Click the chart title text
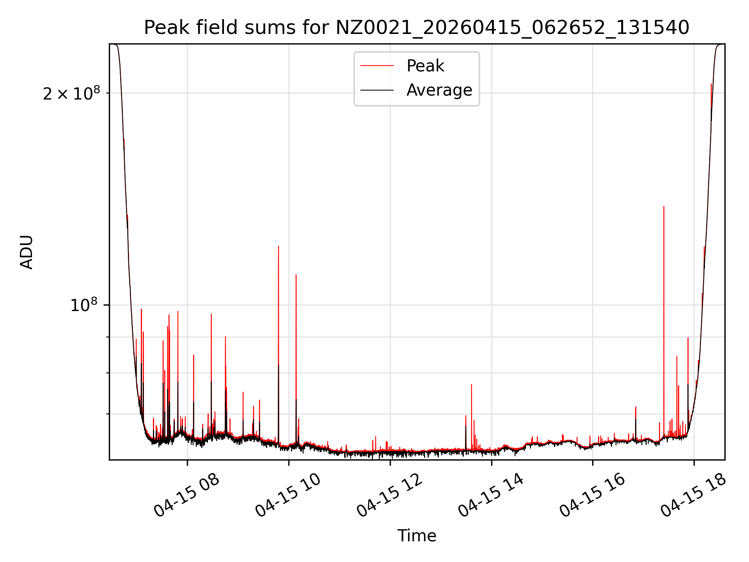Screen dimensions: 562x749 click(x=417, y=28)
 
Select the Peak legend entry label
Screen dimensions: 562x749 click(x=425, y=66)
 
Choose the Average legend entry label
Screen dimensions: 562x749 click(x=439, y=90)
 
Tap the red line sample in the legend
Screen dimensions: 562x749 click(x=377, y=66)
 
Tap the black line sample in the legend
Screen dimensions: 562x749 click(x=377, y=90)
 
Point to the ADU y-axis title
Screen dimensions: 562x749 click(x=27, y=252)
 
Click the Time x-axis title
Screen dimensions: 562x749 click(x=417, y=535)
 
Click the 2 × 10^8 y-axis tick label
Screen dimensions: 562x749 click(x=71, y=93)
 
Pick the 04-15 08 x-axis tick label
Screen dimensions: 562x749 click(x=186, y=496)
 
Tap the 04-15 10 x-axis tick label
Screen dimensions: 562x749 click(x=288, y=496)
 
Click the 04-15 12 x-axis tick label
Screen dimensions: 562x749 click(x=389, y=496)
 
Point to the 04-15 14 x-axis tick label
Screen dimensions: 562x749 click(x=491, y=496)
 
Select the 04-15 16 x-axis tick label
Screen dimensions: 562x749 click(x=592, y=496)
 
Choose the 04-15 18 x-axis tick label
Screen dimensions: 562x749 click(x=694, y=496)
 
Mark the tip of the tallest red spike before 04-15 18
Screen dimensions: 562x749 click(x=664, y=206)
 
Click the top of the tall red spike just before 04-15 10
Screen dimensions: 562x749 click(x=279, y=246)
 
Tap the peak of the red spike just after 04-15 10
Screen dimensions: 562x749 click(x=296, y=275)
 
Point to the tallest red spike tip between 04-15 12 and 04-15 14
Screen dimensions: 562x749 click(x=472, y=384)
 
